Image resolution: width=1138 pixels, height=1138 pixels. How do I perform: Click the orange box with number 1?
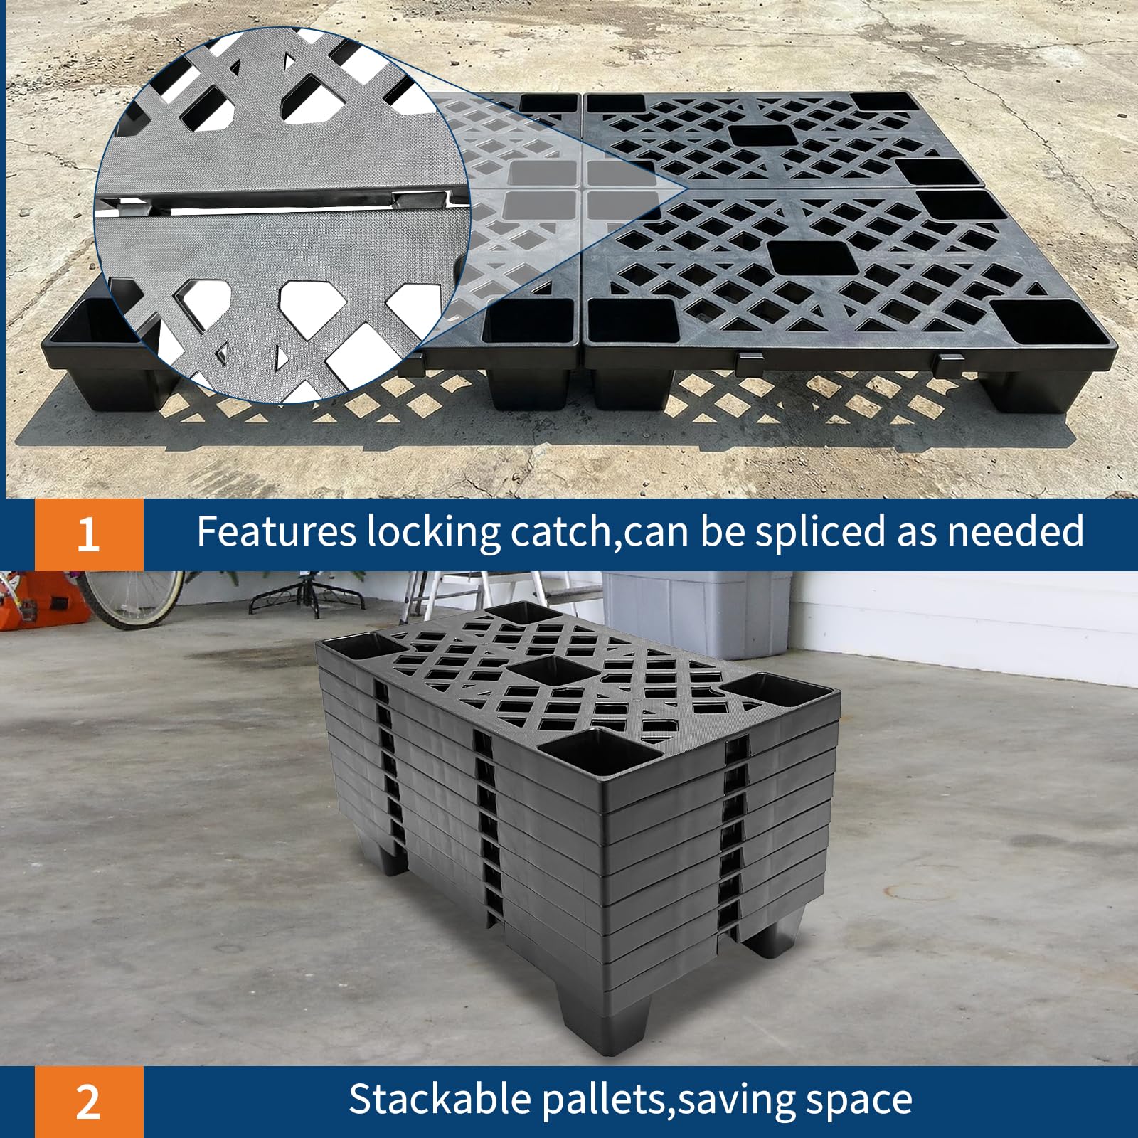click(89, 534)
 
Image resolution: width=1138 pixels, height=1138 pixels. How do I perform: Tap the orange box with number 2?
click(89, 1102)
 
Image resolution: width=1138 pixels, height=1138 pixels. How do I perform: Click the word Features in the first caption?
click(276, 531)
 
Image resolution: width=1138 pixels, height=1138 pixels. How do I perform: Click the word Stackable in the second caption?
click(440, 1099)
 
